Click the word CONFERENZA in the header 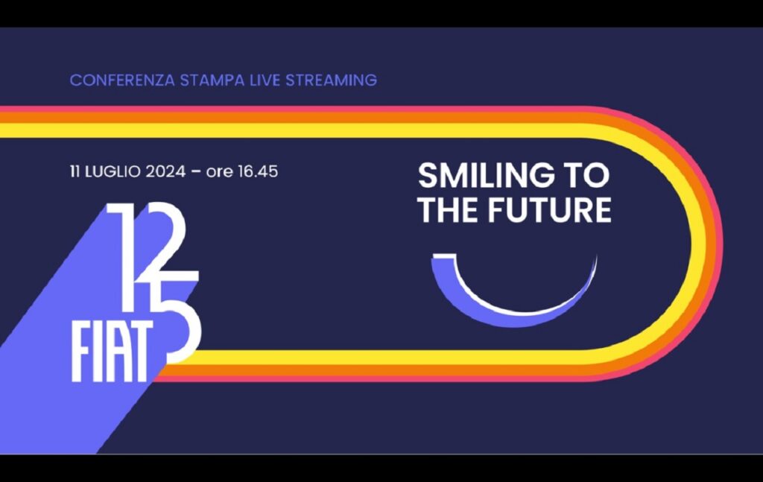coord(122,80)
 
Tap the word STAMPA coord(212,80)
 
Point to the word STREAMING coord(331,80)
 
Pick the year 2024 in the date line coord(165,171)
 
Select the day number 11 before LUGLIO coord(75,171)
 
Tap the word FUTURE coord(549,209)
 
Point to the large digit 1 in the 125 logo coord(125,258)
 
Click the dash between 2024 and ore coord(196,172)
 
